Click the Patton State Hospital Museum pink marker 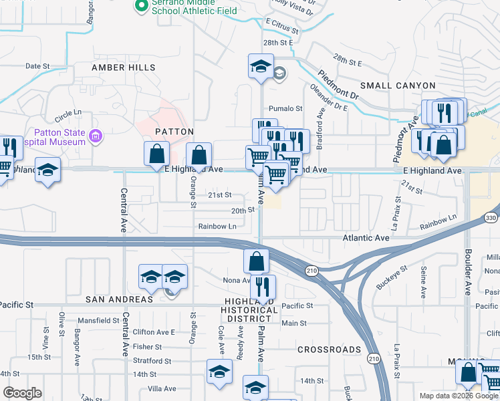[96, 137]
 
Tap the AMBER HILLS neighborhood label [124, 68]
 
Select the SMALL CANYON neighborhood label [398, 86]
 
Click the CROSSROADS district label [330, 350]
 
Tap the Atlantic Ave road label [366, 238]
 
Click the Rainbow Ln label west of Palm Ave [217, 227]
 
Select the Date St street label [37, 66]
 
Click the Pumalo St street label [285, 108]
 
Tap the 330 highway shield [491, 218]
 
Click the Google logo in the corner [22, 393]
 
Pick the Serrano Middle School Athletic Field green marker [141, 6]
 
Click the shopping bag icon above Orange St [199, 156]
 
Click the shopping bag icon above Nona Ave [256, 261]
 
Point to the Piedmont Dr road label [338, 84]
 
